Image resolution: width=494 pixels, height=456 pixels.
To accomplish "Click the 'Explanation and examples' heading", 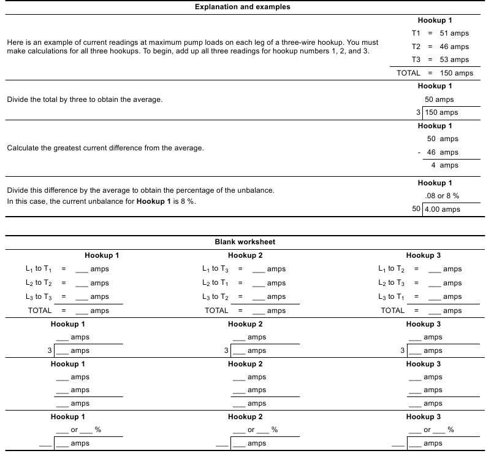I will click(x=243, y=7).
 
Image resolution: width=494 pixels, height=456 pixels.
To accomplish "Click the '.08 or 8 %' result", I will click(x=442, y=196).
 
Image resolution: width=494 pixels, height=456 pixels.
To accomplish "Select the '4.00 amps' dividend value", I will click(x=443, y=209).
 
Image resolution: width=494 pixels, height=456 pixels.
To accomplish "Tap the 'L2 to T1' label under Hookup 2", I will click(x=215, y=283).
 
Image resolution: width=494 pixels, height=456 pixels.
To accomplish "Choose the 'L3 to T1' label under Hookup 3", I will click(x=392, y=297).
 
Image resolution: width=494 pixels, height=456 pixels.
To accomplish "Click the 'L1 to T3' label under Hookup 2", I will click(x=215, y=269).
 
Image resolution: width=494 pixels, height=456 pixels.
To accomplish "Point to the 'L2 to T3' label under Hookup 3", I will click(x=392, y=283).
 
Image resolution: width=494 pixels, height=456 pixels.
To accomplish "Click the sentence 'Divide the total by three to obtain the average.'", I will click(x=85, y=99).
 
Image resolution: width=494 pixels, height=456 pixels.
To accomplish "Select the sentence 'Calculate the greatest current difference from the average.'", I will click(x=105, y=148).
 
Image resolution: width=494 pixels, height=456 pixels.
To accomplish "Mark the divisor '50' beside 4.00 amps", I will click(x=416, y=209).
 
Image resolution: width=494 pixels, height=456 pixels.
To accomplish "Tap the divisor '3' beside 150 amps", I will click(x=419, y=112).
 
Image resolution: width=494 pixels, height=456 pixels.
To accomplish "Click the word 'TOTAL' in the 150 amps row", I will click(x=408, y=73).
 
